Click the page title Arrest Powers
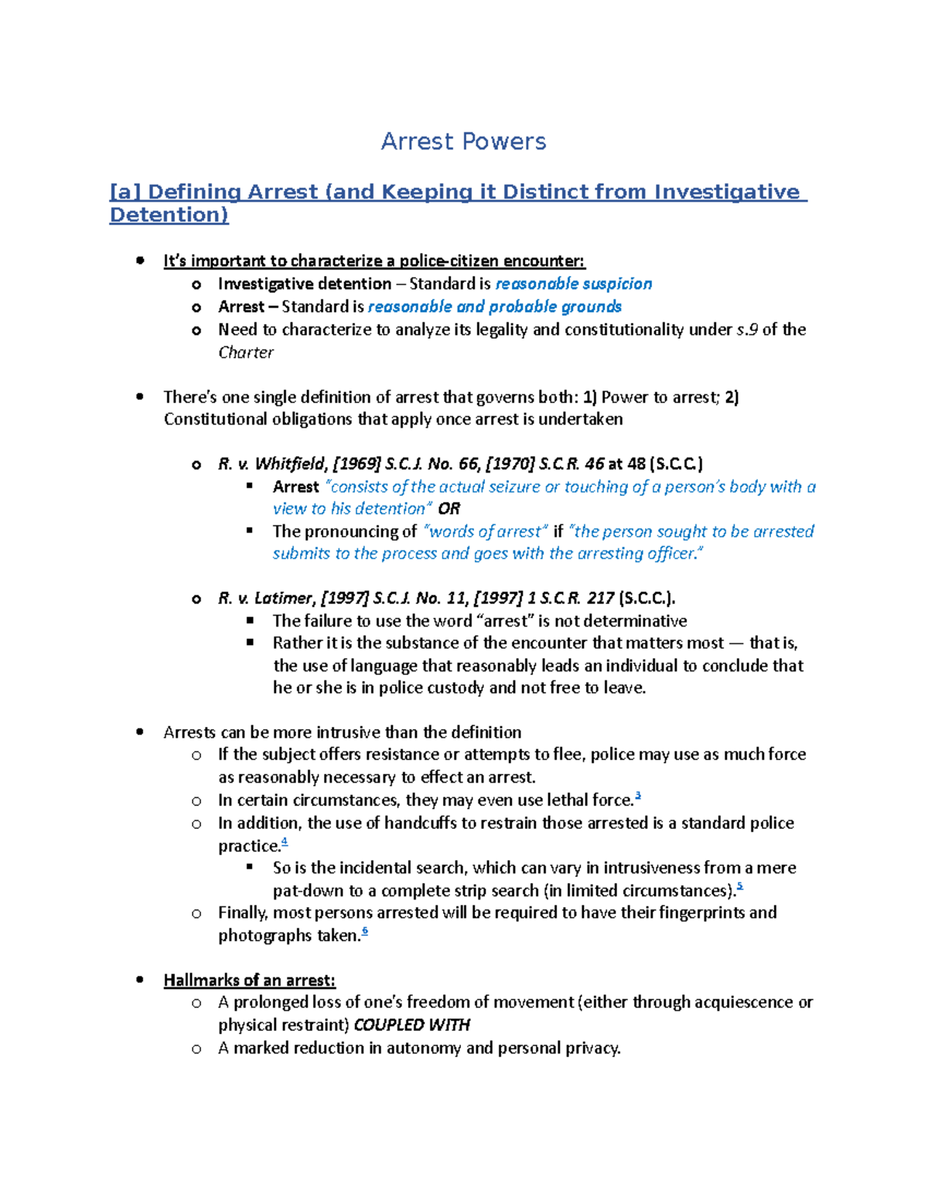463,142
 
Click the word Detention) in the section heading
169,215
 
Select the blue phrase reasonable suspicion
573,284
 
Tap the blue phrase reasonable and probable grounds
495,306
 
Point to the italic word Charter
246,353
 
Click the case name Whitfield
290,464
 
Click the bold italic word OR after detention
449,509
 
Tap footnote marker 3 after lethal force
638,796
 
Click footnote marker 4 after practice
285,841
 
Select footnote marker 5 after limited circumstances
740,886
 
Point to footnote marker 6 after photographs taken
365,931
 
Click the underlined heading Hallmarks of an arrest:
249,981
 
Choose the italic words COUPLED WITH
411,1025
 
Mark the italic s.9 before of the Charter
747,329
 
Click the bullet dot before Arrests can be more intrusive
140,732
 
